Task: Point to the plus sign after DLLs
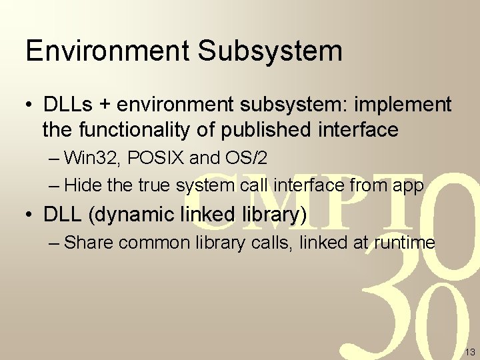(104, 105)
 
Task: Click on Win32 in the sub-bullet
(90, 159)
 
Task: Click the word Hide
(81, 185)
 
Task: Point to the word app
(407, 186)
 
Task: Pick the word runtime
(404, 243)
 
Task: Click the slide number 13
(469, 351)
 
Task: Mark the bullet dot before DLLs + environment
(29, 105)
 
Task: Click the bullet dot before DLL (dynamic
(29, 215)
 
